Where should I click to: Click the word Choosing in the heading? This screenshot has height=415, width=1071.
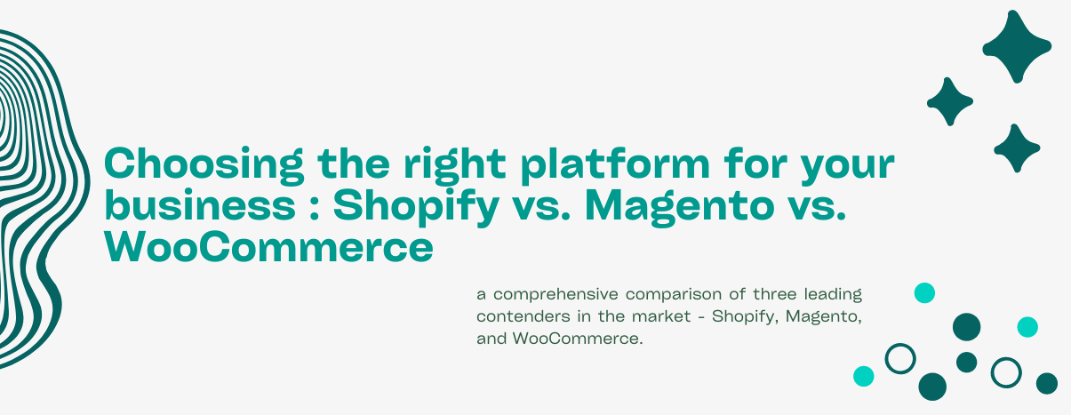pyautogui.click(x=204, y=165)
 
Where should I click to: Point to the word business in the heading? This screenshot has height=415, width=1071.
pyautogui.click(x=200, y=204)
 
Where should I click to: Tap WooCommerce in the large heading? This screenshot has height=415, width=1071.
pyautogui.click(x=268, y=247)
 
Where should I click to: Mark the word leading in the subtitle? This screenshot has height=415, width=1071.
pyautogui.click(x=833, y=295)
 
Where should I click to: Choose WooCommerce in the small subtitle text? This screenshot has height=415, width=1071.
pyautogui.click(x=578, y=339)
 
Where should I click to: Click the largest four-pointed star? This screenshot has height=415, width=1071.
pyautogui.click(x=1017, y=46)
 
